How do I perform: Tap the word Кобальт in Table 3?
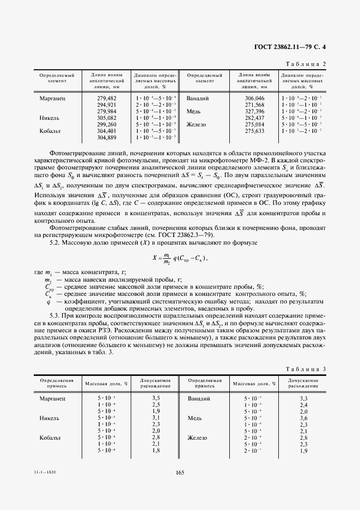point(52,438)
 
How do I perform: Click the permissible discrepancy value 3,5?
point(156,399)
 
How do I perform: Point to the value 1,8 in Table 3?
point(156,451)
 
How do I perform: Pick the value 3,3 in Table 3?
point(304,399)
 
